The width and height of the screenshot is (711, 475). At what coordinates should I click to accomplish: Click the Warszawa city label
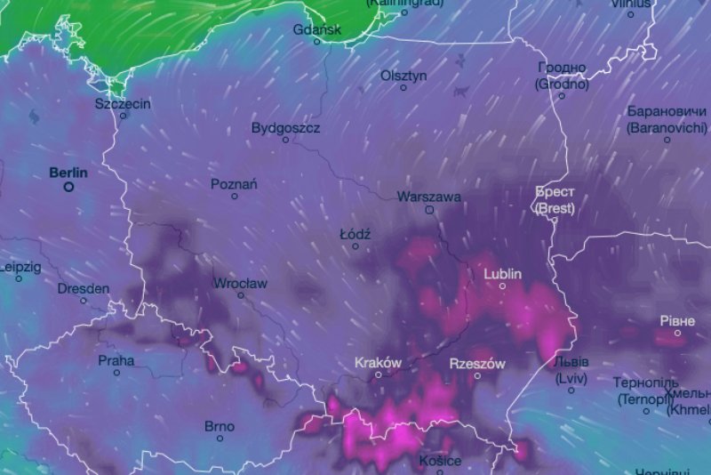[x=429, y=196]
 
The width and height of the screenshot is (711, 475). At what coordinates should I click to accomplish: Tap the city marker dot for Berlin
[x=68, y=187]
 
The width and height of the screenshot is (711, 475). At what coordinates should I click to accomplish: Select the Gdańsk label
[x=316, y=29]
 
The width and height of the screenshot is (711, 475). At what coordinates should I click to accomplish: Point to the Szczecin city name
[x=123, y=103]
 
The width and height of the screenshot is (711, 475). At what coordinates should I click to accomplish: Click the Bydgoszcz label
[x=285, y=127]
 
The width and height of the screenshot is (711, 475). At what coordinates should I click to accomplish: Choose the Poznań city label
[x=234, y=184]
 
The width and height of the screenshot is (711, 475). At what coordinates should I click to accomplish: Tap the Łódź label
[x=355, y=234]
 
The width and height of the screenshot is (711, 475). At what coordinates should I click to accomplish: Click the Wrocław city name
[x=240, y=284]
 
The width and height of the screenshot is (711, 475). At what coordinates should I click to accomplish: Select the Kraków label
[x=378, y=362]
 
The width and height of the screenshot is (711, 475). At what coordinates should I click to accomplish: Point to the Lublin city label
[x=502, y=274]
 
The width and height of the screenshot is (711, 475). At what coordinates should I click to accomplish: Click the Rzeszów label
[x=477, y=364]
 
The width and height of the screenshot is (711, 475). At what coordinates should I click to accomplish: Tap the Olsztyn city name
[x=403, y=76]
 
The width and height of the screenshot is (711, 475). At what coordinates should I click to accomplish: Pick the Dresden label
[x=84, y=288]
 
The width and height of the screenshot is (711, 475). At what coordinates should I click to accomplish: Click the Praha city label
[x=116, y=360]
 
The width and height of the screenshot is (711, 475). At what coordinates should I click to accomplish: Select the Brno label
[x=220, y=426]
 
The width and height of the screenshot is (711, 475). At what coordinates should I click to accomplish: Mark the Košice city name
[x=441, y=461]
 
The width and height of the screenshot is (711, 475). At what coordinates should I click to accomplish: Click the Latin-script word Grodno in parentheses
[x=562, y=85]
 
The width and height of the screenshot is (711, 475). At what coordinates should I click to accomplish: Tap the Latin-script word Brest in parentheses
[x=555, y=209]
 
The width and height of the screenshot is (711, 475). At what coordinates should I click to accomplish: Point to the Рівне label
[x=676, y=319]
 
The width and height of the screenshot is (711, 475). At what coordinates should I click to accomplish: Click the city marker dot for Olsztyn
[x=403, y=87]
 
